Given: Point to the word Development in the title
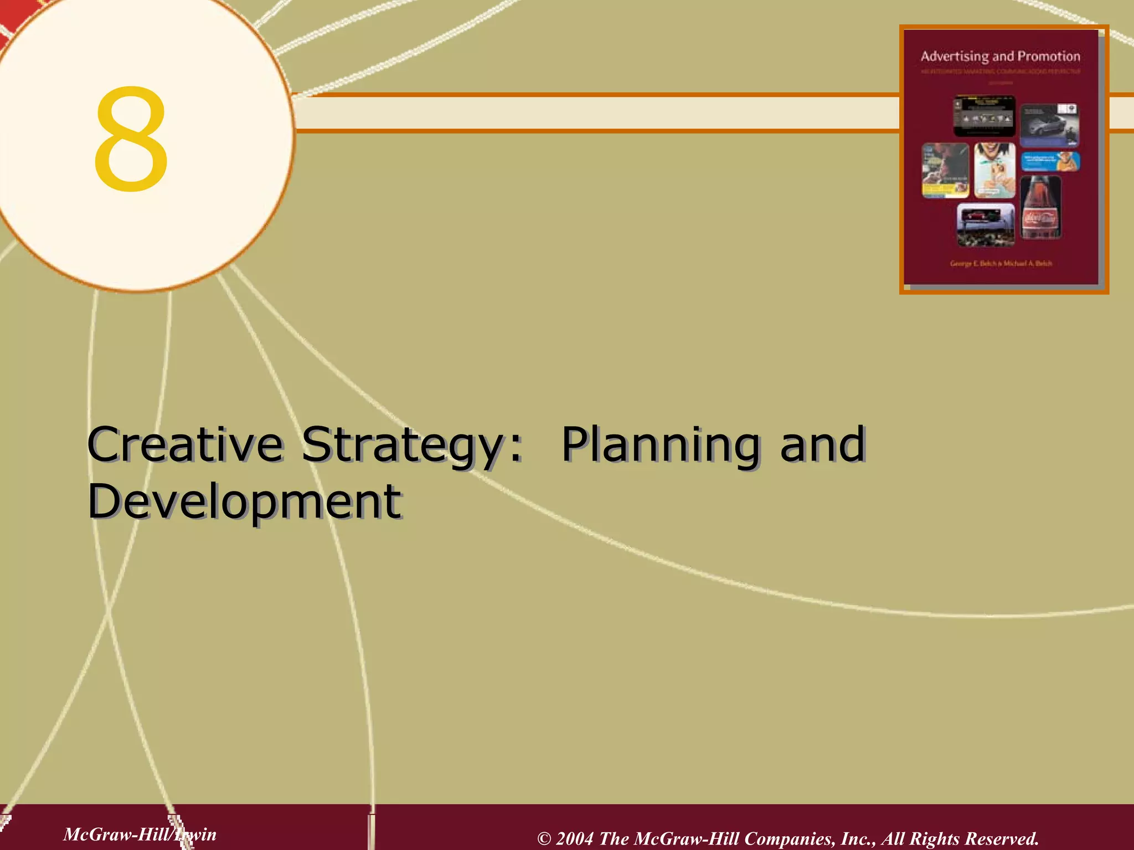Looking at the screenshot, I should [244, 501].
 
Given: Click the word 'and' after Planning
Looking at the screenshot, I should [822, 444].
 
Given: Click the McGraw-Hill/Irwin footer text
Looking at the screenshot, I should [140, 834].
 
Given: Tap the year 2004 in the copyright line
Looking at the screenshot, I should [574, 838].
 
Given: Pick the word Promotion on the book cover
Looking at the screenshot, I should [1049, 56].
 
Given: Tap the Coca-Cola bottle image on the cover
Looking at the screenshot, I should [1040, 208].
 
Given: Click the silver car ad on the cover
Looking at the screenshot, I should [1049, 125].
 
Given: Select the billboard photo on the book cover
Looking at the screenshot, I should [986, 224].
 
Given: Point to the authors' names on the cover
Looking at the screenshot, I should [1001, 264].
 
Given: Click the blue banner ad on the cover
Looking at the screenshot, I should [1049, 162].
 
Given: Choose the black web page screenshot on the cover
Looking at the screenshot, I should [984, 116].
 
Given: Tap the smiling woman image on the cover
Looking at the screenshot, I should [994, 170].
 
